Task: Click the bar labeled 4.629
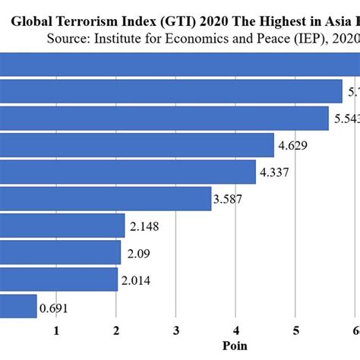point(137,145)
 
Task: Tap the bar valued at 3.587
point(106,199)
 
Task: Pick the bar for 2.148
point(62,226)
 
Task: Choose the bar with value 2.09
point(61,252)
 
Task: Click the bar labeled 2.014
point(59,279)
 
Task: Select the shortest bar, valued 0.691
point(18,306)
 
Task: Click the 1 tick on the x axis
point(56,330)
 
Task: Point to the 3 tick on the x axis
point(176,330)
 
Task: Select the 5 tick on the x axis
point(296,330)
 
